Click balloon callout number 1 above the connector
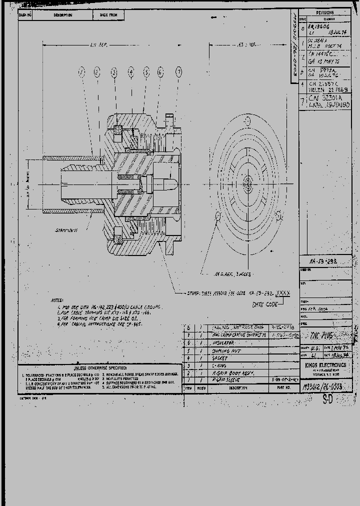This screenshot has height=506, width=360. pyautogui.click(x=81, y=72)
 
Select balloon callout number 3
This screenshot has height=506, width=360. pyautogui.click(x=114, y=72)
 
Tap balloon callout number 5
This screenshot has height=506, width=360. pyautogui.click(x=146, y=72)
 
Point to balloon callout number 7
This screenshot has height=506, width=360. pyautogui.click(x=178, y=72)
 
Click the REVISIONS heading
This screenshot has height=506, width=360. pyautogui.click(x=325, y=12)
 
